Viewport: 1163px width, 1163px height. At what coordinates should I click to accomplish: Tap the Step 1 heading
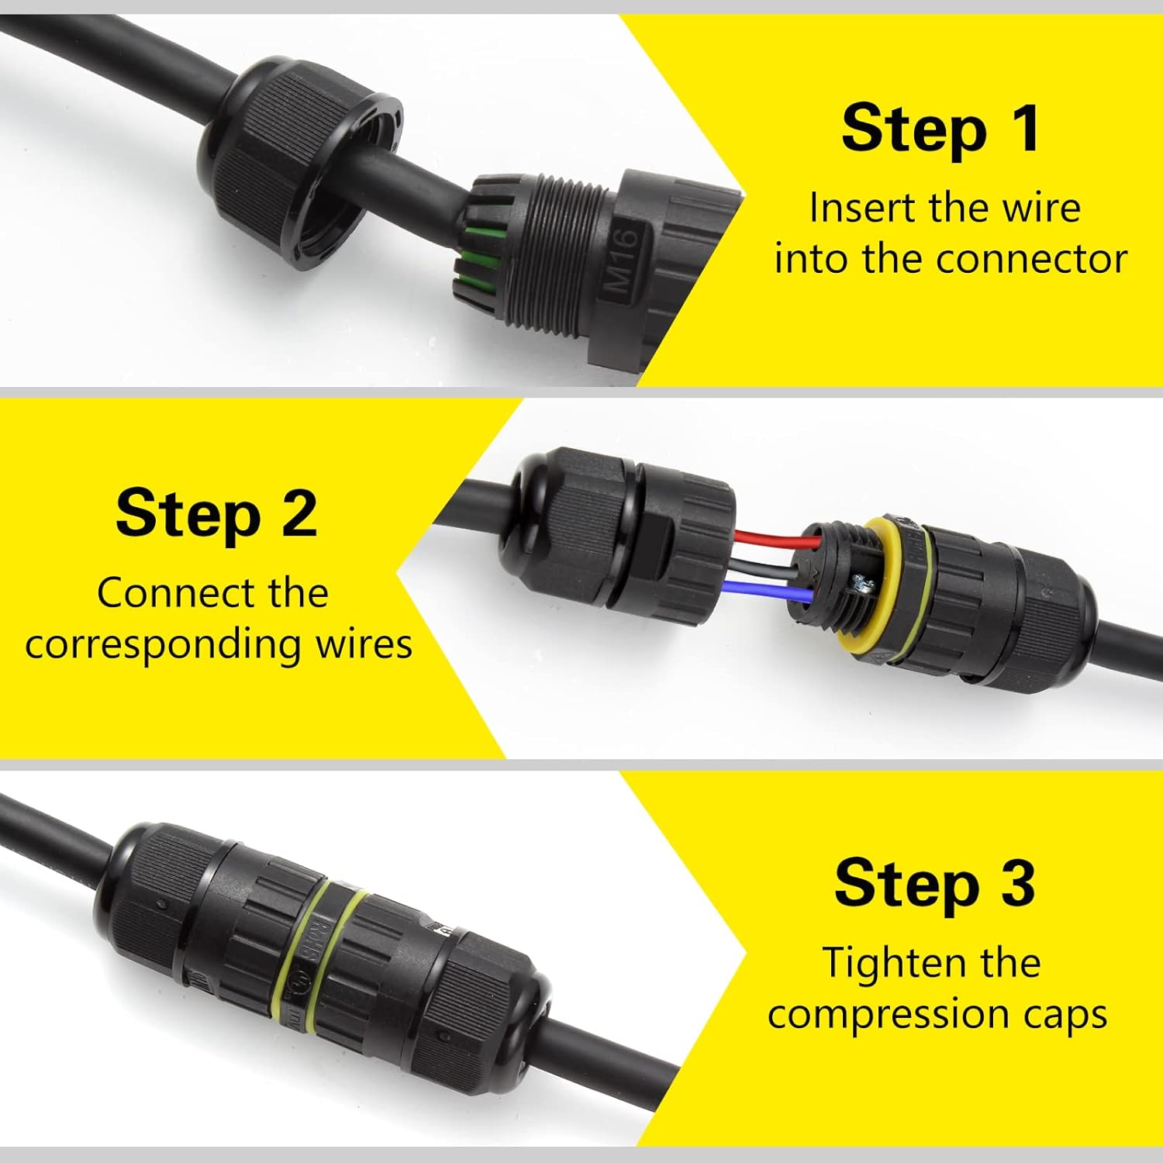pyautogui.click(x=941, y=129)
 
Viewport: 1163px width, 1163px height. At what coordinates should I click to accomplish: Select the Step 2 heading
pyautogui.click(x=216, y=512)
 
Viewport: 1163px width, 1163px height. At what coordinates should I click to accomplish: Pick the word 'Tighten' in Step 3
pyautogui.click(x=882, y=963)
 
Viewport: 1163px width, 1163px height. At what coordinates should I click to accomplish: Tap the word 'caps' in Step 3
pyautogui.click(x=1066, y=1016)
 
